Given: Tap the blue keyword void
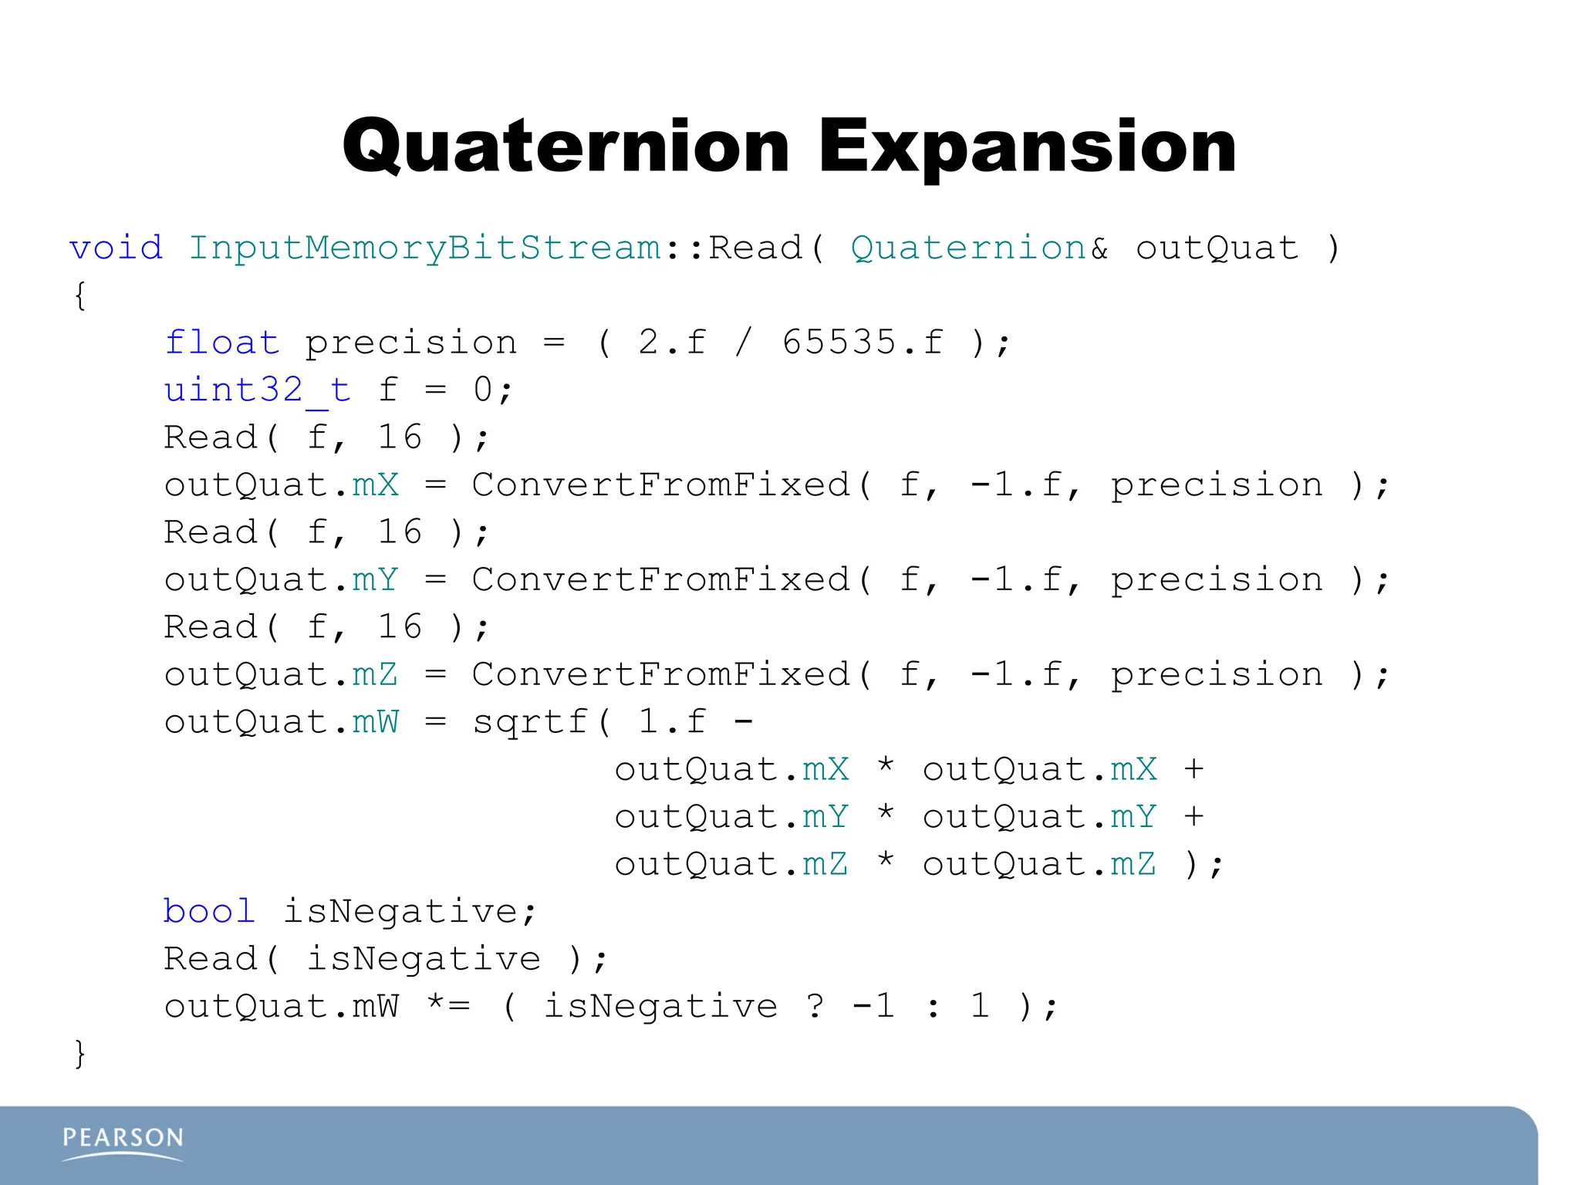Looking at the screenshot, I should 116,248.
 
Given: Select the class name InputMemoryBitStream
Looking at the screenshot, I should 425,248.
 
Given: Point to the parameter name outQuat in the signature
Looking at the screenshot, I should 1217,248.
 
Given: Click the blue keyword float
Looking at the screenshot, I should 222,343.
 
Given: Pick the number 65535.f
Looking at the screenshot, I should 863,343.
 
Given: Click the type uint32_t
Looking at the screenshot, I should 257,390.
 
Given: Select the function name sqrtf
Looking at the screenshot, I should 531,723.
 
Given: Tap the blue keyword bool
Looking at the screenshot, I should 209,912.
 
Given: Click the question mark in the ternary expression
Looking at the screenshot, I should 815,1007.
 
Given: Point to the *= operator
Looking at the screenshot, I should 448,1005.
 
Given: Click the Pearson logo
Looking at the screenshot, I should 123,1142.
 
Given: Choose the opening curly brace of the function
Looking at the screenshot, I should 79,296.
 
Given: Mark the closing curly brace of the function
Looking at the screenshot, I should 79,1054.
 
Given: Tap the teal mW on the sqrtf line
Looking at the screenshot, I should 376,723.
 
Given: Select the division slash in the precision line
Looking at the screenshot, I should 744,343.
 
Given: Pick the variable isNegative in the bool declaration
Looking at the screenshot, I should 400,912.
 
